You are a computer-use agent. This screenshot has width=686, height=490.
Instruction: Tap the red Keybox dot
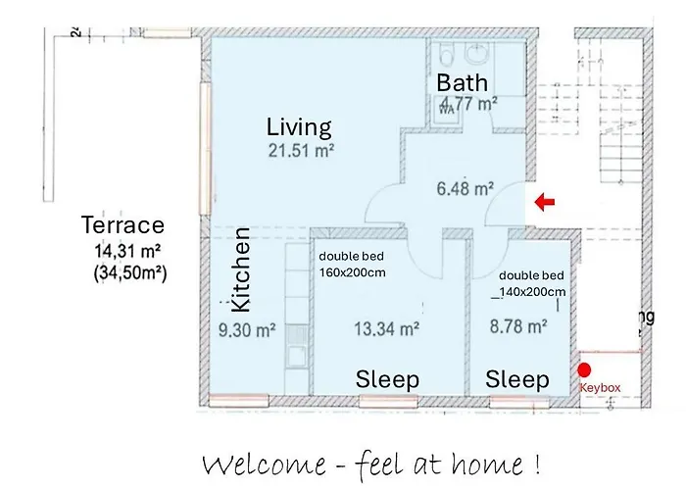tap(585, 370)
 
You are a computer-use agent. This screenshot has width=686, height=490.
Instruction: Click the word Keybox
tap(601, 388)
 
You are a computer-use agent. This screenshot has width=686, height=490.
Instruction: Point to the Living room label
tap(299, 127)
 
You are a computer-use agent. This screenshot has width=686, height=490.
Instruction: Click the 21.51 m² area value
tap(302, 151)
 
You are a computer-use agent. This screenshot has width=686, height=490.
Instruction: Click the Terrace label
tap(122, 226)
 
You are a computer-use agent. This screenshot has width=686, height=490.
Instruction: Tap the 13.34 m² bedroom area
tap(387, 329)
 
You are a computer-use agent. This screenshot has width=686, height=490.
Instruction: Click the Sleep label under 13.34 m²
tap(387, 379)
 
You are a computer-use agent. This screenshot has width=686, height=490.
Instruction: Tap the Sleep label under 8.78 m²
tap(517, 379)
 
